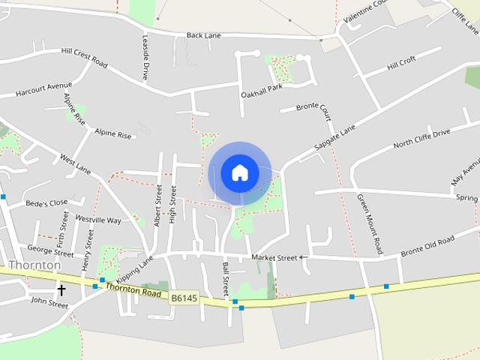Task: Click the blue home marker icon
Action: point(239,172)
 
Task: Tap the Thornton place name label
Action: point(34,265)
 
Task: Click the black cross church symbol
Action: point(61,289)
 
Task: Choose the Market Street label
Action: point(274,257)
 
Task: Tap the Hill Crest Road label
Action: point(84,58)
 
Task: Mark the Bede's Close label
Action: point(46,202)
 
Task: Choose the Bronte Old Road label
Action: point(427,246)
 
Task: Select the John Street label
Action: point(49,304)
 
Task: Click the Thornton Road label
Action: point(133,289)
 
